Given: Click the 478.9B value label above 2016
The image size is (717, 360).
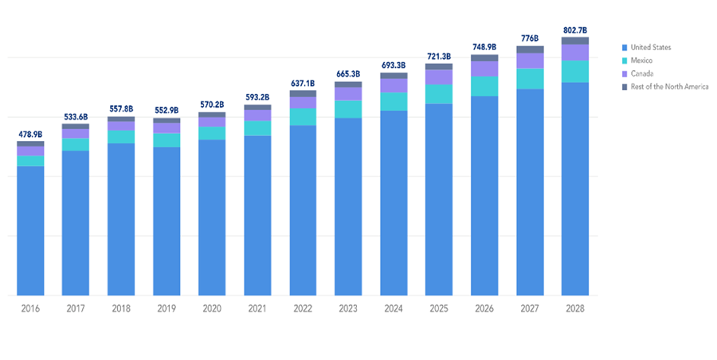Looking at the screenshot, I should (30, 134).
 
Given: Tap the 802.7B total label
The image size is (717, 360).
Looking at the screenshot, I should (574, 29).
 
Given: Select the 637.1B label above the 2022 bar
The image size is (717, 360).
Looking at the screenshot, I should (303, 83).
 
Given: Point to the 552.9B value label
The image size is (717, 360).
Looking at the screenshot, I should (167, 110).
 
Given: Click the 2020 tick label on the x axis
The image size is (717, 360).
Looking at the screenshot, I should (211, 308).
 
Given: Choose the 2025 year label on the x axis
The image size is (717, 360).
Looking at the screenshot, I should (438, 308).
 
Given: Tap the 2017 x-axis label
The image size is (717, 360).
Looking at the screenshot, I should (76, 308).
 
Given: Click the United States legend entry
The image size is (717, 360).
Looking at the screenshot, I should (650, 48).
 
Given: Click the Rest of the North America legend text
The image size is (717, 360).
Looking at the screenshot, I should (669, 86).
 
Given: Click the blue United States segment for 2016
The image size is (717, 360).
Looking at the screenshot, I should (30, 231).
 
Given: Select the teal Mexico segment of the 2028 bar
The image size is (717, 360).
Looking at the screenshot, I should (574, 72).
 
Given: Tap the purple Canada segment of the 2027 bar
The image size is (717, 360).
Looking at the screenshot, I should (529, 61).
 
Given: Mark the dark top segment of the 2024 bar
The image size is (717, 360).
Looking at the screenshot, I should (394, 76).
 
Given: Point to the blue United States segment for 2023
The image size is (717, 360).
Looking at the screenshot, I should (348, 207).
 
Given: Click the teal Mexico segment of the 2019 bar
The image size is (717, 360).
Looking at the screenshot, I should (167, 140).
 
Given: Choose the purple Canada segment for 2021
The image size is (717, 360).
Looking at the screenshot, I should (257, 115).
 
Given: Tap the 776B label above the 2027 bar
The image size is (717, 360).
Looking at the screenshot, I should (529, 37).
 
